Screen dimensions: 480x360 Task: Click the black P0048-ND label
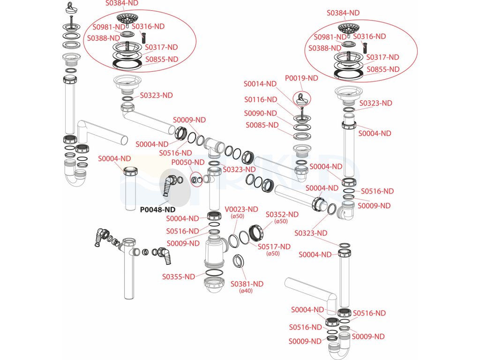coord(157,210)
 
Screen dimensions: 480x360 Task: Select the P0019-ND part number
coord(301,78)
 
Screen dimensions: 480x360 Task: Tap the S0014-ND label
coord(260,83)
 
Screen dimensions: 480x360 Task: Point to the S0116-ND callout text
coord(261,99)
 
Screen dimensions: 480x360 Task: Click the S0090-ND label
coord(260,113)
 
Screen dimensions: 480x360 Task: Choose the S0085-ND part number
coord(262,125)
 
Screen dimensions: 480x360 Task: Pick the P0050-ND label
coord(187,162)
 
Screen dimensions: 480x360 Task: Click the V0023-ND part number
coord(241,210)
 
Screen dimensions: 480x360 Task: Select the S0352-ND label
coord(282,214)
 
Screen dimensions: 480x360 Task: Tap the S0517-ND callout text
coord(274,247)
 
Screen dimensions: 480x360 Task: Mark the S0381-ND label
coord(247,284)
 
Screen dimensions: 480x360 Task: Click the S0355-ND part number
coord(179,277)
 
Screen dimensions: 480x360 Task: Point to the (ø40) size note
coord(246,291)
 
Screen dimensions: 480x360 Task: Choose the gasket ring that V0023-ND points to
coord(233,240)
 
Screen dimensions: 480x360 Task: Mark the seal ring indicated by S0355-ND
coord(214,273)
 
